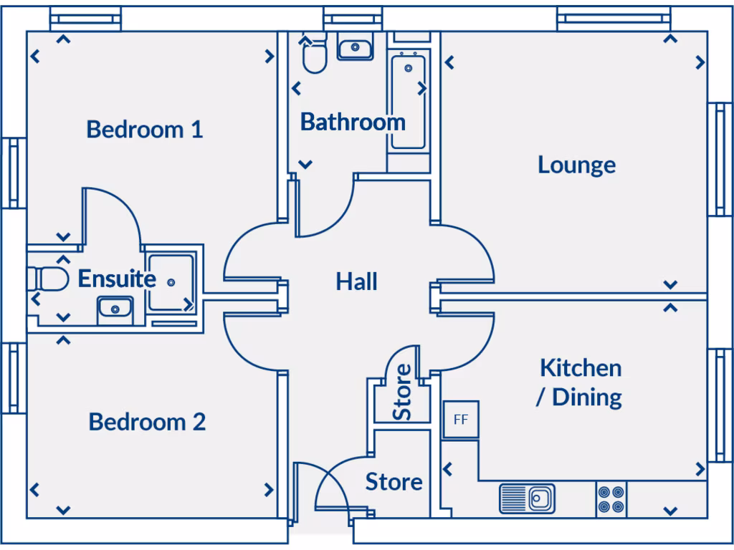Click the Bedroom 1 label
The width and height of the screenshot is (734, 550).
[144, 130]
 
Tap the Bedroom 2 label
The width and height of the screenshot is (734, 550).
[147, 422]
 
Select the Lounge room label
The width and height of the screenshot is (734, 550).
[576, 165]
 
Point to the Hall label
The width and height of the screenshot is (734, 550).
[356, 281]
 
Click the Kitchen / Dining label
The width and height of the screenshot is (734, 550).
[580, 382]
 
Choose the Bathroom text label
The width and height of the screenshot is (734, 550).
[352, 122]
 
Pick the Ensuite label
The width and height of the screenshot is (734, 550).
[116, 279]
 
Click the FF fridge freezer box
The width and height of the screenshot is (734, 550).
[460, 420]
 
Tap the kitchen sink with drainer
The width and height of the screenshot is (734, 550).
[527, 498]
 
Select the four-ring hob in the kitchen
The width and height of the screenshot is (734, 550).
[611, 499]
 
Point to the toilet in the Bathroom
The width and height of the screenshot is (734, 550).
[314, 56]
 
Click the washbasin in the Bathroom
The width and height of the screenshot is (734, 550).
[355, 49]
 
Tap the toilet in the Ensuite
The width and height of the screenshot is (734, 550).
[49, 278]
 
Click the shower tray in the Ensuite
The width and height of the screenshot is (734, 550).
[171, 282]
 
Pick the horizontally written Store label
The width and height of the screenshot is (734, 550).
[394, 482]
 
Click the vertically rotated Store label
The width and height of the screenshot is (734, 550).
[402, 392]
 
